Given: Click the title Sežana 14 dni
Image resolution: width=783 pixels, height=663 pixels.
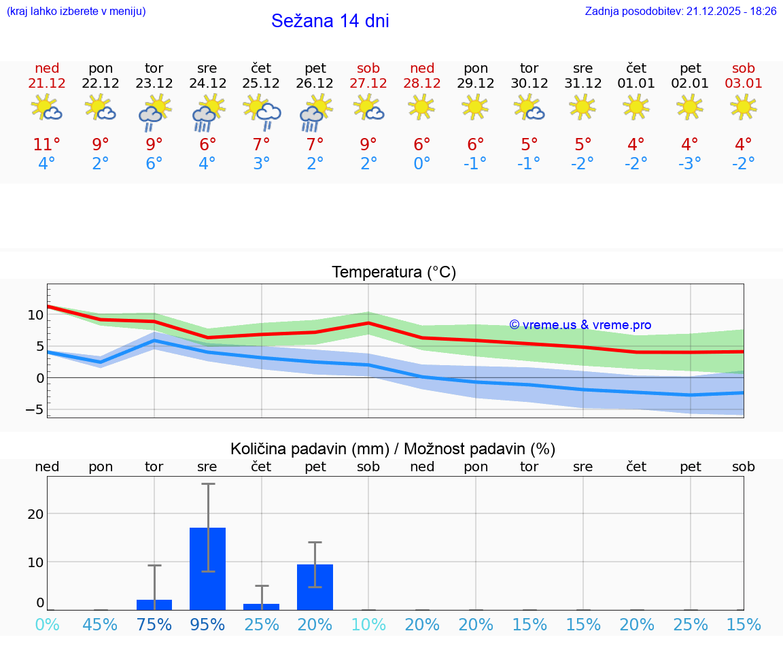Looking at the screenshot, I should point(330,21).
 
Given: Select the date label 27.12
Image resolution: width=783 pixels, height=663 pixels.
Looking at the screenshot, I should point(368,83).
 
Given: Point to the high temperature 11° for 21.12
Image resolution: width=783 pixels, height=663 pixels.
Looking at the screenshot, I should point(47,145).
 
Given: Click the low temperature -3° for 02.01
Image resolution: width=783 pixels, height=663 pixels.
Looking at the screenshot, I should point(690,164).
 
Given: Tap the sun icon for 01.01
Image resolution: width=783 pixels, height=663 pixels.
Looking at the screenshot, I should point(636,107).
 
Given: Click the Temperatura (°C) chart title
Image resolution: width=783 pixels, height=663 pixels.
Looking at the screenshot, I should point(394,273).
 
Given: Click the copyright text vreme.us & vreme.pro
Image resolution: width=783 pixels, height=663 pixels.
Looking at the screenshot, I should point(580,325).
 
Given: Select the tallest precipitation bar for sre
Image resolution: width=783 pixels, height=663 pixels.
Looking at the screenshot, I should point(207,568).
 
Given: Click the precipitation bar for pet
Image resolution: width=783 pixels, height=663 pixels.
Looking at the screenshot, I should point(315,587).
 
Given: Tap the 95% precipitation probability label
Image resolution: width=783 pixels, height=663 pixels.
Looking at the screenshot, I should point(207,625).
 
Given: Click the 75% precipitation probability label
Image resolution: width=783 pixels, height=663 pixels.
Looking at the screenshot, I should point(154,625).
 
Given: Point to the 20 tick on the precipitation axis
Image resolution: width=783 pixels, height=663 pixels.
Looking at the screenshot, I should point(35,514).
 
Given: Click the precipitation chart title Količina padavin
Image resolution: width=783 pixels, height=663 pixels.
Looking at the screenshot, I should point(393,449).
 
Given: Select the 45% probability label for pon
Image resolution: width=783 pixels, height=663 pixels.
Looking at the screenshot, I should point(101,625).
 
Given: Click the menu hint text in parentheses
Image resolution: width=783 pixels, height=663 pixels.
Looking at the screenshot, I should point(76,12).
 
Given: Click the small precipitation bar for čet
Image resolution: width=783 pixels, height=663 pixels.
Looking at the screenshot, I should point(262,607).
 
